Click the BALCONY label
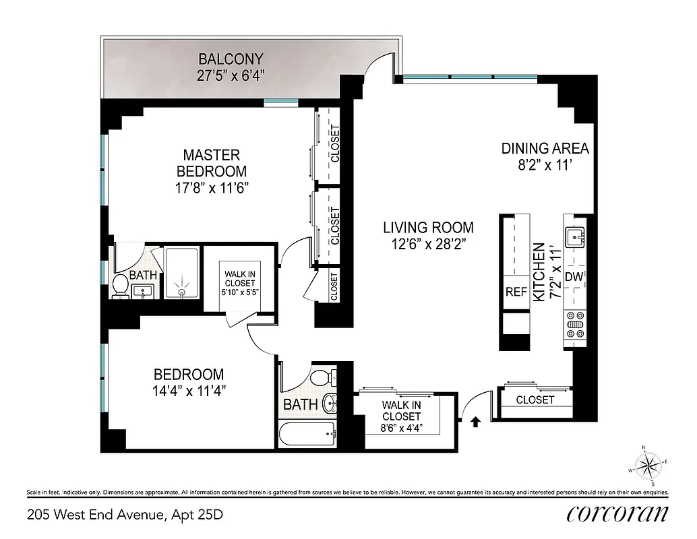click(230, 59)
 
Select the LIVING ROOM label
click(429, 228)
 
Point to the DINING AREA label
click(545, 149)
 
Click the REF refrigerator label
click(516, 292)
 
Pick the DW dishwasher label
click(573, 277)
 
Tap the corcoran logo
click(617, 513)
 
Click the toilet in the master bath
click(121, 286)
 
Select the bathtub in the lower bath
click(307, 435)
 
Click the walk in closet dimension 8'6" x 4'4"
click(402, 427)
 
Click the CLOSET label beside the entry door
click(535, 400)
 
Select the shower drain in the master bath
click(182, 292)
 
